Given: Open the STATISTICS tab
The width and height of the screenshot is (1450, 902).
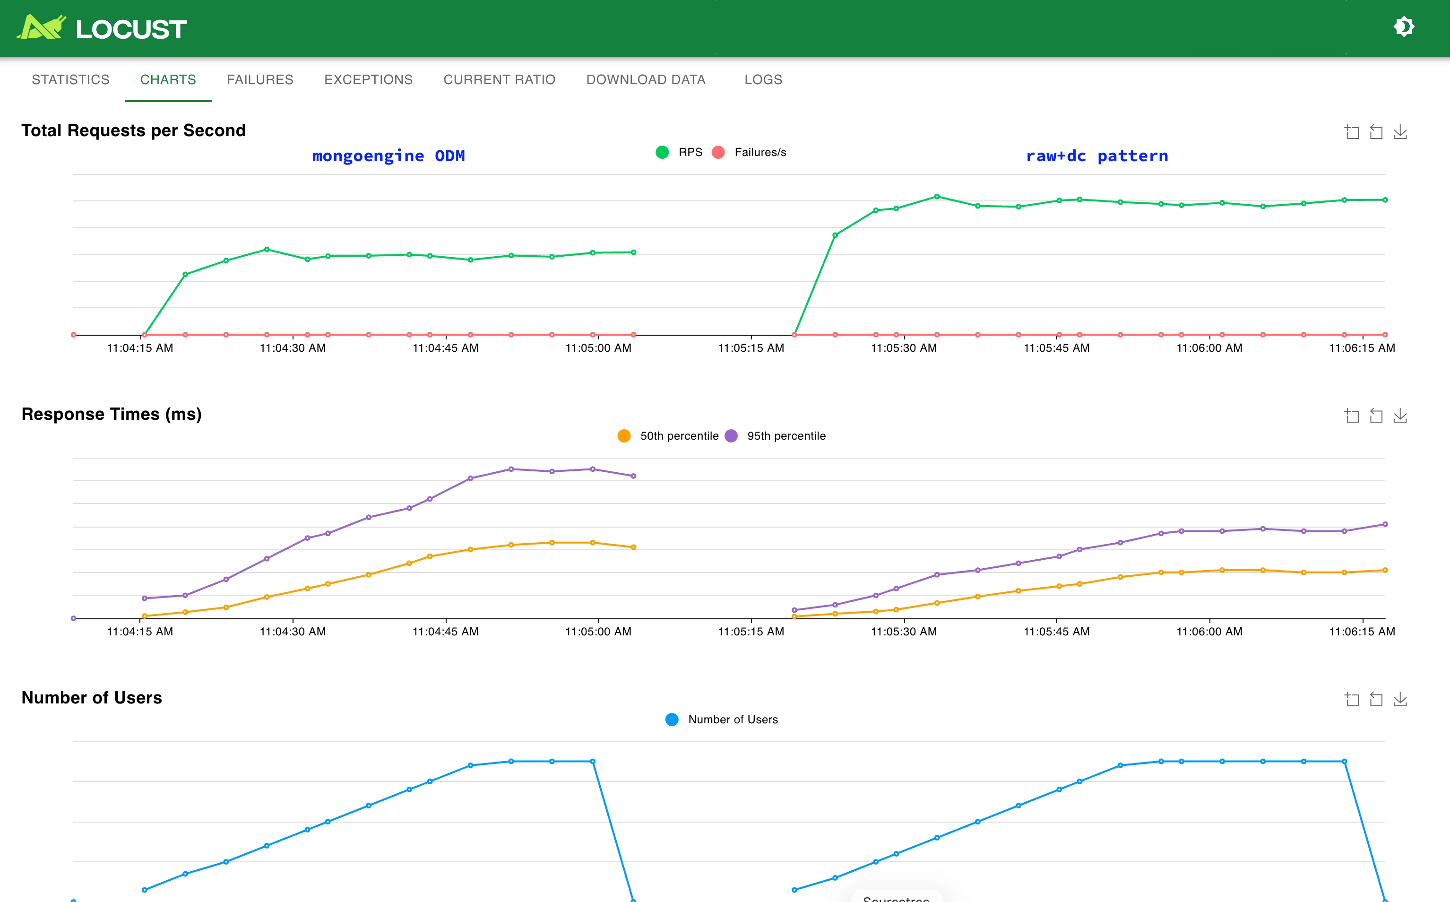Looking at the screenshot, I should click(70, 79).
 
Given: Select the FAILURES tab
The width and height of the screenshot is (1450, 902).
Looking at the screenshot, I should click(260, 79).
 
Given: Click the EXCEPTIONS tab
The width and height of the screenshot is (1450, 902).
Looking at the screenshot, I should click(368, 79).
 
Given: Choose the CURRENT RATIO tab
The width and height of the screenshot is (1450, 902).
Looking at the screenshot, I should click(499, 79).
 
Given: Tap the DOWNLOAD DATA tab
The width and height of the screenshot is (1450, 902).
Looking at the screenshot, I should click(646, 79).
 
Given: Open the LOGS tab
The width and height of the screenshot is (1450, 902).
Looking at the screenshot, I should click(763, 79).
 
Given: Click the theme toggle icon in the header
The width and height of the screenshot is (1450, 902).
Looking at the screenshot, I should click(1404, 27).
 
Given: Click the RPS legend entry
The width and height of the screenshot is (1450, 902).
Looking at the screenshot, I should click(679, 152).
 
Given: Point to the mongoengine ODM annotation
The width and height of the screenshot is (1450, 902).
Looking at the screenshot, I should click(388, 156).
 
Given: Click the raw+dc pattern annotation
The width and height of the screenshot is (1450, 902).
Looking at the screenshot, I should click(1096, 156).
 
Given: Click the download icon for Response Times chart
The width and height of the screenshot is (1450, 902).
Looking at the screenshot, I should click(1400, 416).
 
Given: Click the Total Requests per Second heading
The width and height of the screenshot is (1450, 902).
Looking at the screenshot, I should click(134, 130).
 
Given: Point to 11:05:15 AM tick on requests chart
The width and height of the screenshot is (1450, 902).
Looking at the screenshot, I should click(751, 348).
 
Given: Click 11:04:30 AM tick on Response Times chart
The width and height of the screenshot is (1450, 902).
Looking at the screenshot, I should click(293, 631).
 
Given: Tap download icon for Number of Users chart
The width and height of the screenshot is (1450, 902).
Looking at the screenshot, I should click(1400, 699).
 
